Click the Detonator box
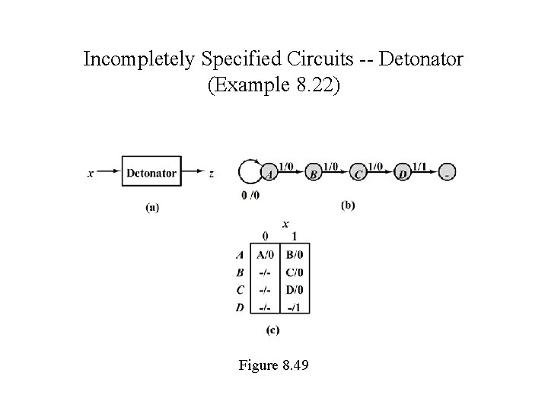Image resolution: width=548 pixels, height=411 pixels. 151,173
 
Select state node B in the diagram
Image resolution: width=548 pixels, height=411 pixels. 314,174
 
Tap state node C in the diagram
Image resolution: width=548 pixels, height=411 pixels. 359,174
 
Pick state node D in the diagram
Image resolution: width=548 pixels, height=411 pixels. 403,174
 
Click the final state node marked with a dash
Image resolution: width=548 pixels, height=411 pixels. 448,174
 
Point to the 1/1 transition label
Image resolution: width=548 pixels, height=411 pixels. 421,166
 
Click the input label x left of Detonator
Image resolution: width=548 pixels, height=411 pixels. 91,174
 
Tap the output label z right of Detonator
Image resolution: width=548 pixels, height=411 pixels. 211,174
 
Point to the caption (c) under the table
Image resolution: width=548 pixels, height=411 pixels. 272,330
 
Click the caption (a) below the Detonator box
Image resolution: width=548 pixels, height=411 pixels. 152,206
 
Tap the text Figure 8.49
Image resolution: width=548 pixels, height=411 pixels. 274,365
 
